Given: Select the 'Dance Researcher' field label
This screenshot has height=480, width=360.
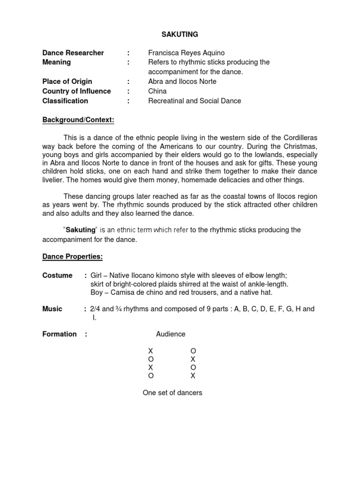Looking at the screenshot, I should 73,53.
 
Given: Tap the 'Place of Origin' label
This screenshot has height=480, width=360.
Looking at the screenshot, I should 67,82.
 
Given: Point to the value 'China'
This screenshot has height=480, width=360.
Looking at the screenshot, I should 157,91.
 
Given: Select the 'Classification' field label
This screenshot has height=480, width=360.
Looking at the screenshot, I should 65,101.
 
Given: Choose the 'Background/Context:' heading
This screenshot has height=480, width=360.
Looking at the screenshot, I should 78,120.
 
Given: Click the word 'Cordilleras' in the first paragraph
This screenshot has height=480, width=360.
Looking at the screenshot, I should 300,138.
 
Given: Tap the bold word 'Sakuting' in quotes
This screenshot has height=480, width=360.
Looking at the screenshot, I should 81,230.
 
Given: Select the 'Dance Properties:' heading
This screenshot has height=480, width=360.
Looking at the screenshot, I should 72,256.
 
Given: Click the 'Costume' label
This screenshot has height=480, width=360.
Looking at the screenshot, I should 57,276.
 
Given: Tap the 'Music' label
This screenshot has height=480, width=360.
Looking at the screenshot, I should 52,309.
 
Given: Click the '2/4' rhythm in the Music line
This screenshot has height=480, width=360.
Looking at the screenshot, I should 95,309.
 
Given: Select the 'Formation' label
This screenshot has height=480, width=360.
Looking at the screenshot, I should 60,334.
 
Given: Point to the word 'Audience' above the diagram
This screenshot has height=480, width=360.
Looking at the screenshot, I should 171,334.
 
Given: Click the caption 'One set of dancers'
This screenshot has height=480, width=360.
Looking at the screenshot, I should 172,393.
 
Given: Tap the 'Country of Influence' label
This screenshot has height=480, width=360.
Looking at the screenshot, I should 76,91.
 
